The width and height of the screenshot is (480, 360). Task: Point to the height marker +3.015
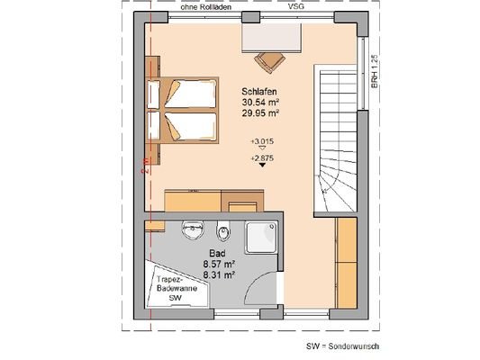tap(262, 143)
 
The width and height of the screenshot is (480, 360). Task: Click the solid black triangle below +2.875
tap(262, 166)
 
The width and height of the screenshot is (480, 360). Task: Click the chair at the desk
tap(269, 61)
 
